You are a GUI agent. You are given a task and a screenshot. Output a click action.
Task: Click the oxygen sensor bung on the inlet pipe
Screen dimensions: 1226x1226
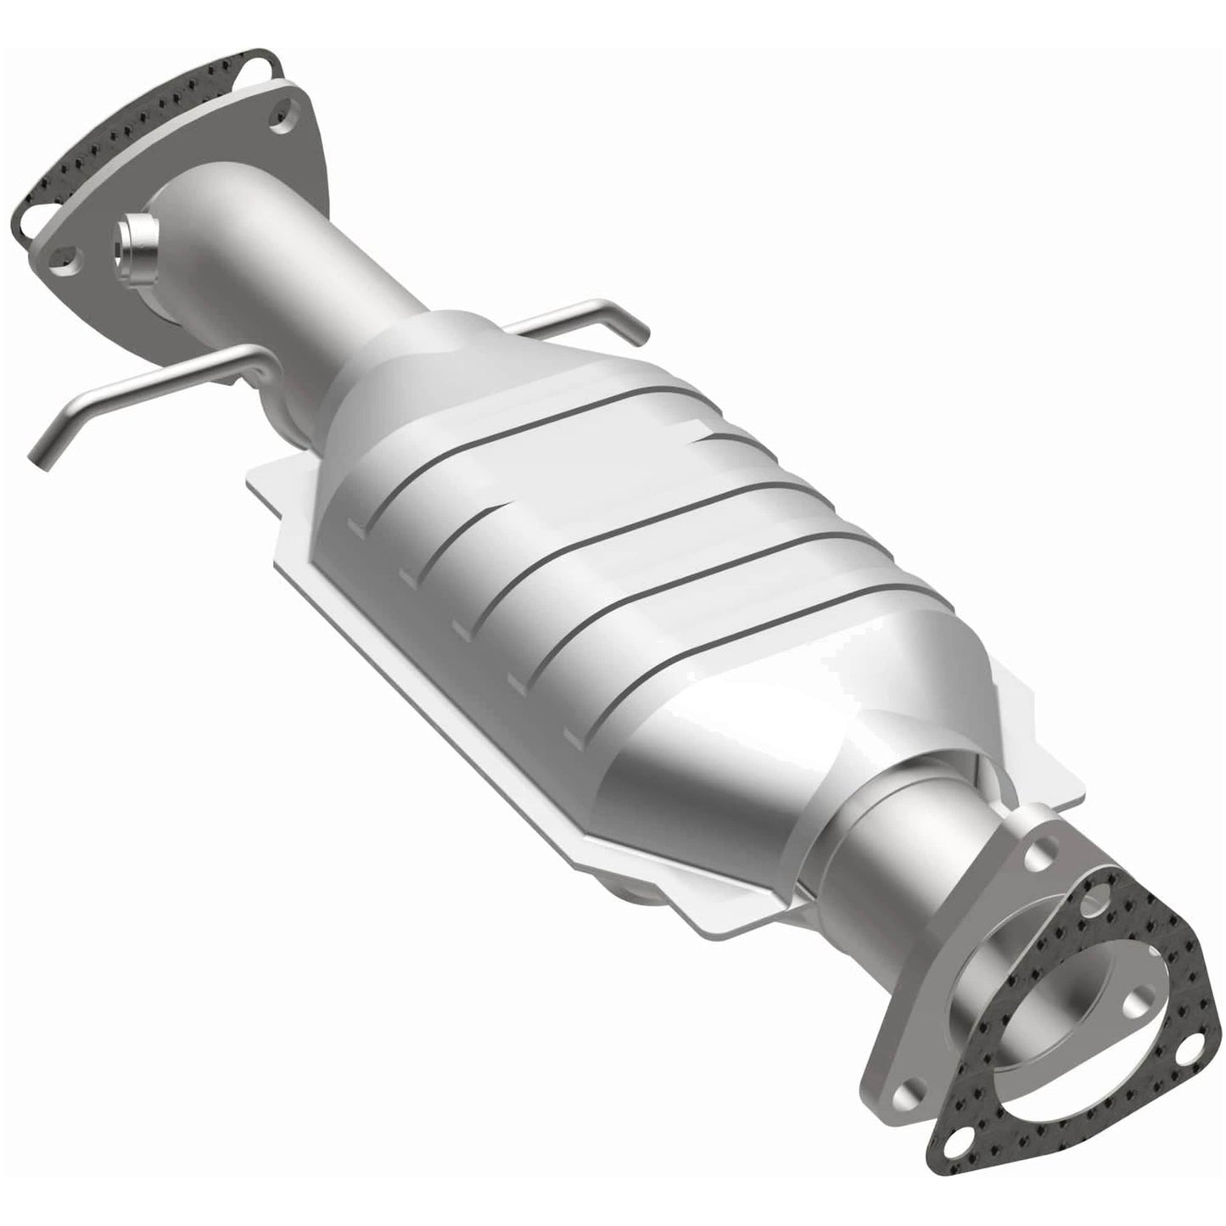tap(136, 247)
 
